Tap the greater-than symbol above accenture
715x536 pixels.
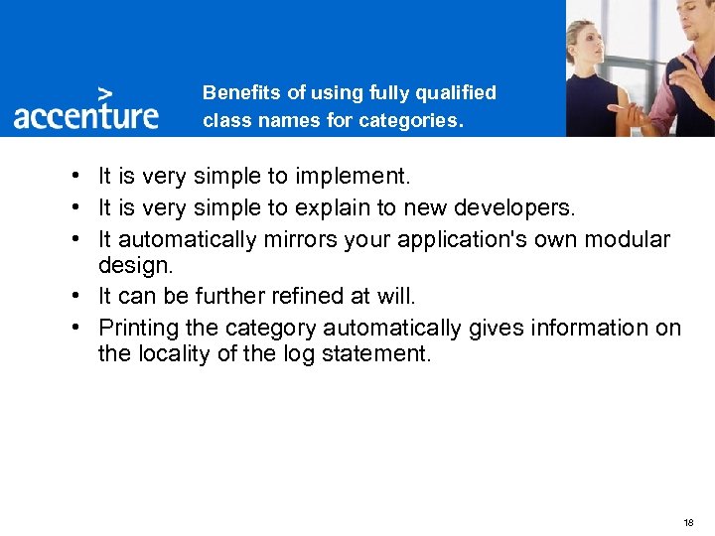click(104, 89)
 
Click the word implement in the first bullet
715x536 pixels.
click(356, 178)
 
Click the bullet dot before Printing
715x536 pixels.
click(75, 328)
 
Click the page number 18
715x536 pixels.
click(688, 522)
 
